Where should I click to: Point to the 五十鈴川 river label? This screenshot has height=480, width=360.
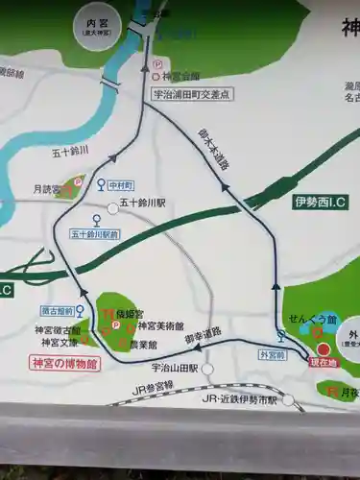point(70,152)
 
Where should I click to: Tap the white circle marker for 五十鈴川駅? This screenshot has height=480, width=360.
point(112,207)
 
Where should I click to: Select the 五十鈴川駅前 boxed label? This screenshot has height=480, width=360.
point(94,233)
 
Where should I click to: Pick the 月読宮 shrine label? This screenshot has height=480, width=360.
point(41,189)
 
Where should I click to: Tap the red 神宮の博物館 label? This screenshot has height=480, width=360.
point(59,363)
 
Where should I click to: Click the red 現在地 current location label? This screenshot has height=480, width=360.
point(324,363)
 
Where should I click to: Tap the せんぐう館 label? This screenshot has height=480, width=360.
point(320,320)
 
